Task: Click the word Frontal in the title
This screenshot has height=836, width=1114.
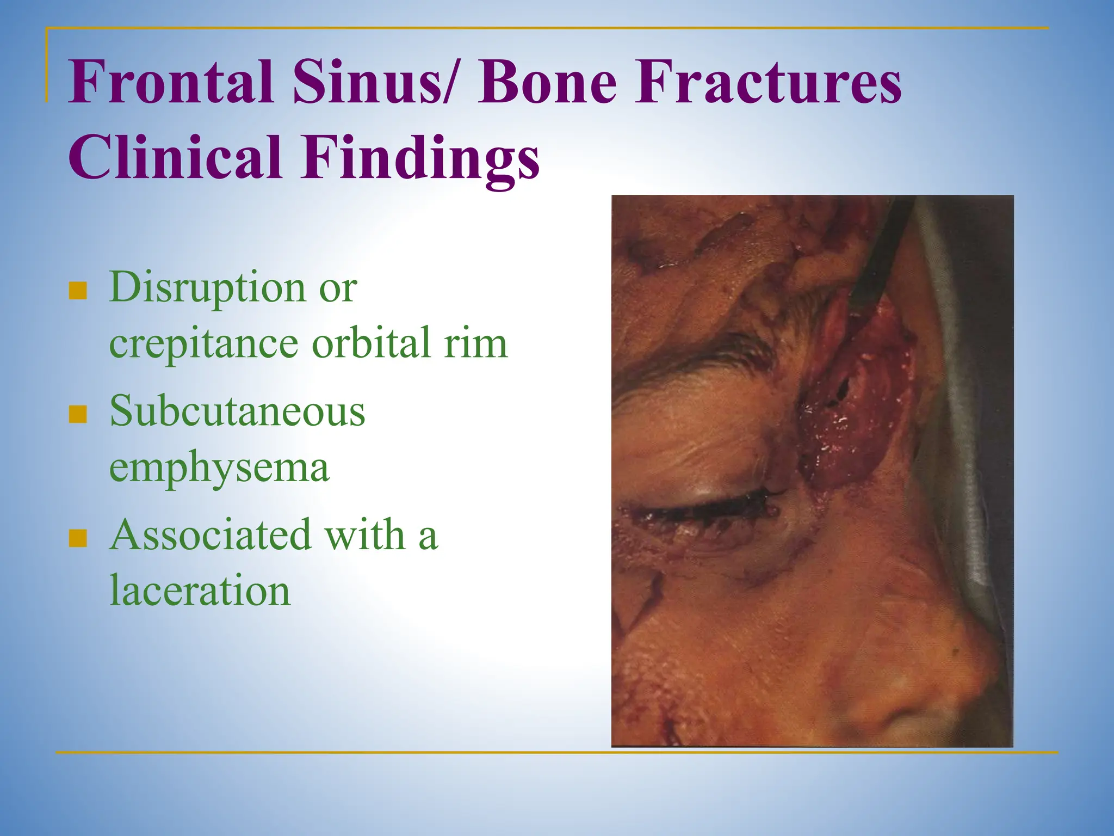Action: [170, 83]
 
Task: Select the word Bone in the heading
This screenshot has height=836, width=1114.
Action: [547, 83]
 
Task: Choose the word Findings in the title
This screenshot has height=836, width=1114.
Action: [420, 158]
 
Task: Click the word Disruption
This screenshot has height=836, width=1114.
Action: [207, 287]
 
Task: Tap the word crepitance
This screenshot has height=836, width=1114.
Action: [203, 344]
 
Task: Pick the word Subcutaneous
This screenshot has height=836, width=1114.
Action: [237, 411]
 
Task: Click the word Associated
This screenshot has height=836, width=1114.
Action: [211, 535]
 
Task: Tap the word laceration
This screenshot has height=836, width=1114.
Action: [200, 591]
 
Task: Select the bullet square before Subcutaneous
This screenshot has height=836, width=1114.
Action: [78, 414]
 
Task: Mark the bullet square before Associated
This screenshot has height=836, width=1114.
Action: [78, 538]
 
